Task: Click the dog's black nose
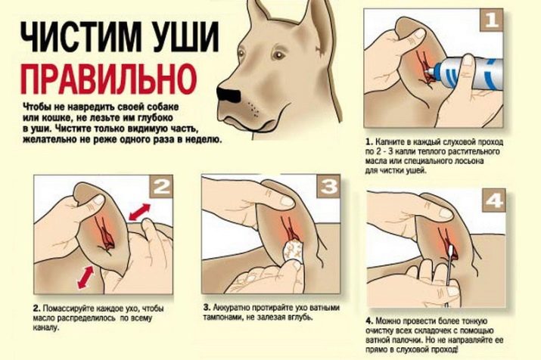point(228,94)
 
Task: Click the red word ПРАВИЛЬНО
point(109,79)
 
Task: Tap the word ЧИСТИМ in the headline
point(81,36)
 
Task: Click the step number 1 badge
point(491,20)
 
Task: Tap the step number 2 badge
point(161,186)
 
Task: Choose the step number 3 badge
point(329,186)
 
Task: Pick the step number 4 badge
point(494,200)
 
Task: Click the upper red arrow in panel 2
point(139,212)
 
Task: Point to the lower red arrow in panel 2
point(86,278)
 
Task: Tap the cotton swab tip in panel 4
point(451,250)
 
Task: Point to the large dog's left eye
point(278,55)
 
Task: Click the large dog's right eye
point(241,54)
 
